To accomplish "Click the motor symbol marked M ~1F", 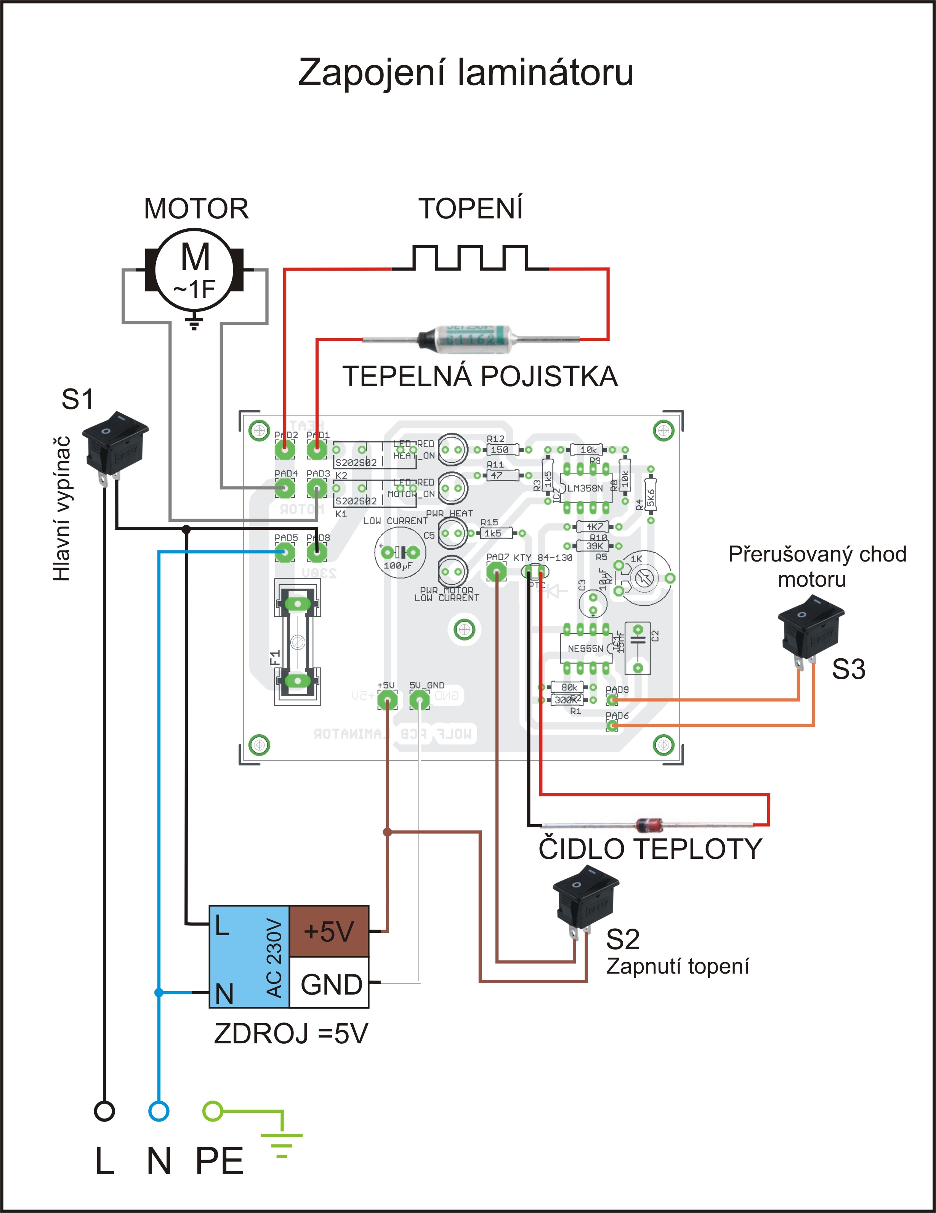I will click(194, 270).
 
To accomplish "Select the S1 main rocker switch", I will click(114, 444).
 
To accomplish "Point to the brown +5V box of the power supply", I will click(329, 931).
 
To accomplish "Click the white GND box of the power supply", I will click(329, 984).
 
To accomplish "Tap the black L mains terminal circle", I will click(104, 1111).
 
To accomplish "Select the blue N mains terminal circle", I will click(159, 1111).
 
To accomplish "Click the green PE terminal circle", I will click(213, 1111).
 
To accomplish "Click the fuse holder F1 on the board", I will click(298, 642).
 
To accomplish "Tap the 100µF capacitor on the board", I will click(400, 553).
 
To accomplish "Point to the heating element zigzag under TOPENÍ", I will click(471, 258).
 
